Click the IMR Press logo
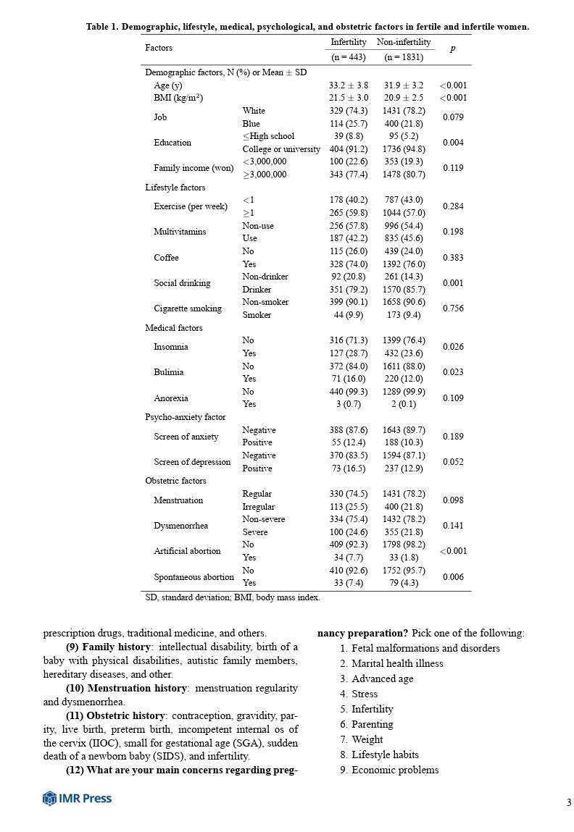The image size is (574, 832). tap(77, 799)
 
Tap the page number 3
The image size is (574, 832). tap(569, 802)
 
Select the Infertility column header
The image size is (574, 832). tap(348, 42)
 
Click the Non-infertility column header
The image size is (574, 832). tap(404, 42)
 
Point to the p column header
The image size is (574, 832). tap(453, 49)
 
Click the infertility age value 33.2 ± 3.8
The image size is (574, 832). tap(348, 85)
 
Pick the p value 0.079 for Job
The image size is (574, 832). tap(453, 117)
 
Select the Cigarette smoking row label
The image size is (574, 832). tap(188, 308)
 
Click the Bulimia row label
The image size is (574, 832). tap(168, 372)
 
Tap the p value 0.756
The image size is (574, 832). tap(453, 308)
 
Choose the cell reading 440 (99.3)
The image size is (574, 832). tap(348, 391)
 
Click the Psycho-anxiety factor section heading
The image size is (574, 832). tap(186, 417)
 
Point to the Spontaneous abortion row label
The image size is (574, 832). tap(194, 577)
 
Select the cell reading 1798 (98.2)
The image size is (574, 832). tap(404, 545)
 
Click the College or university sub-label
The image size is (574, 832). tap(281, 149)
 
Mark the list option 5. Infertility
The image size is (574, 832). tap(367, 709)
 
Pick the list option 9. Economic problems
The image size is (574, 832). tap(389, 770)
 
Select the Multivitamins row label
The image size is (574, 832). tap(180, 232)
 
